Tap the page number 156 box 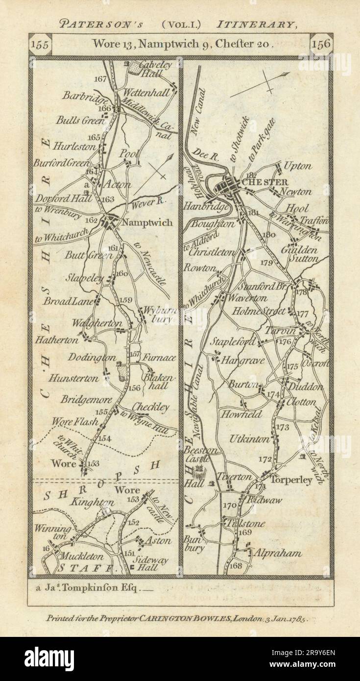click(x=321, y=44)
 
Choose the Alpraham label click(x=275, y=553)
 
